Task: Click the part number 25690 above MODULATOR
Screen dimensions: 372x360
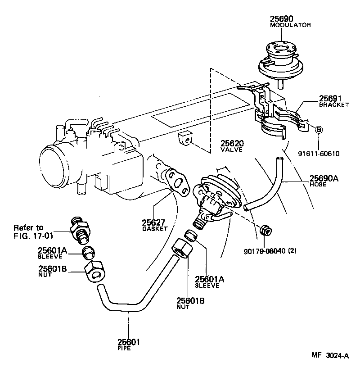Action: pos(282,19)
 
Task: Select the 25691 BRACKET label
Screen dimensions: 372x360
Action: pos(334,101)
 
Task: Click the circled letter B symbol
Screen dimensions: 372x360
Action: pos(318,130)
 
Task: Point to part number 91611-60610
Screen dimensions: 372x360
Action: pos(318,154)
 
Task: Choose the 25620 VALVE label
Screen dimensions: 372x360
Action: pos(232,146)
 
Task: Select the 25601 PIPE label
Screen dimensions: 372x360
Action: pos(129,344)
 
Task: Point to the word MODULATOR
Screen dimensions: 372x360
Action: pos(290,25)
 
